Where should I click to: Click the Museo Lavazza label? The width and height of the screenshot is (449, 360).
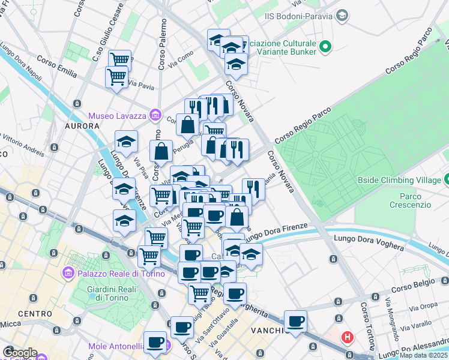[x=117, y=116]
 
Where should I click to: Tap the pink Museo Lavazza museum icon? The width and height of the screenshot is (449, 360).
[x=155, y=114]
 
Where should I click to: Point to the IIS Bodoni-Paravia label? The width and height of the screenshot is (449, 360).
[x=298, y=16]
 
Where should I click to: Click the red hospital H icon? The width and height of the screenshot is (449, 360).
[x=347, y=338]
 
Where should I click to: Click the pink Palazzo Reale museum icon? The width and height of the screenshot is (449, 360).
[x=67, y=274]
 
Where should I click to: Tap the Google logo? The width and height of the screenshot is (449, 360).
[x=20, y=353]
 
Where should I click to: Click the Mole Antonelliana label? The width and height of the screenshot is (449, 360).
[x=115, y=346]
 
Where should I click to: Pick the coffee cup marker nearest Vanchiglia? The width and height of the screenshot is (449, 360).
[x=295, y=322]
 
